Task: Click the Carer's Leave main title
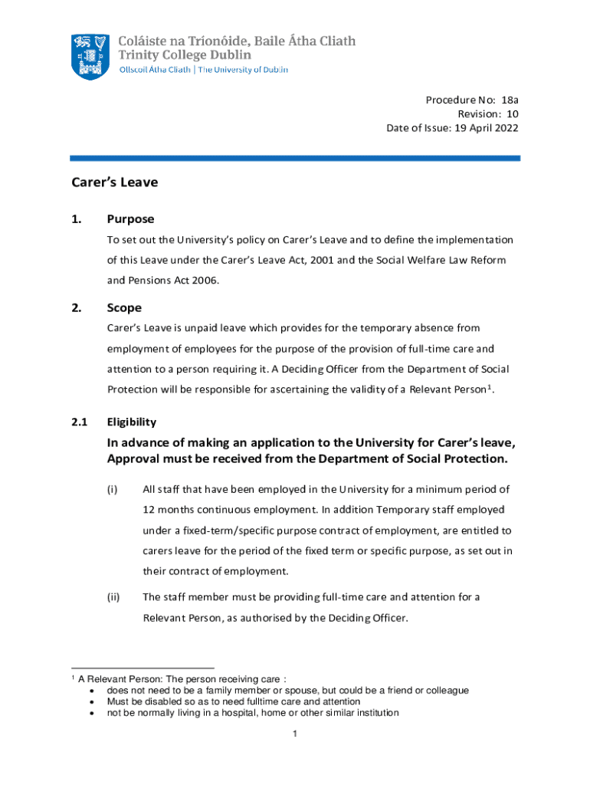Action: (114, 183)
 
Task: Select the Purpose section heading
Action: (130, 218)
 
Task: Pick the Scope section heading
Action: (124, 307)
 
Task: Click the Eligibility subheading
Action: (132, 422)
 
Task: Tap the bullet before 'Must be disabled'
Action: (93, 701)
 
